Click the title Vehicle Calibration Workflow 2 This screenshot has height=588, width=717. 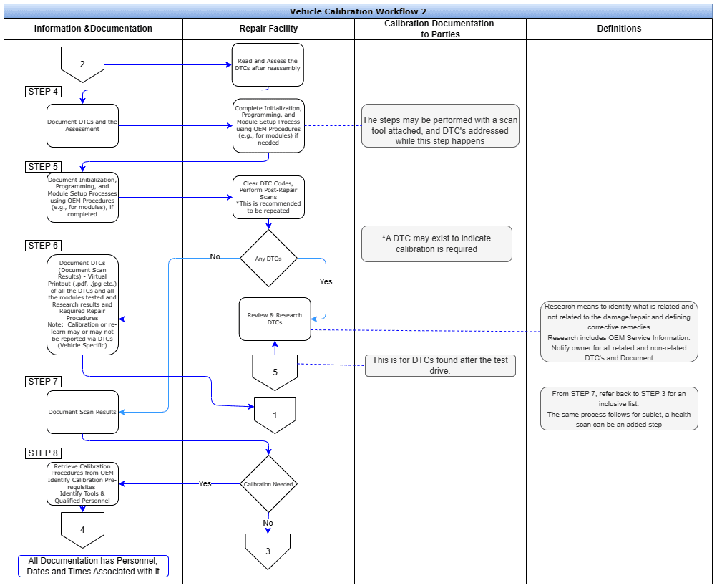point(358,11)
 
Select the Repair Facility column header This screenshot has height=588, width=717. point(268,29)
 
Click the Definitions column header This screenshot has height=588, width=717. point(619,29)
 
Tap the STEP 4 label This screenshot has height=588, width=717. point(44,92)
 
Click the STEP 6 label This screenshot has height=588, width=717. point(44,246)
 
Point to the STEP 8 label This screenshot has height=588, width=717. point(44,453)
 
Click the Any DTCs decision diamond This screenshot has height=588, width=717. point(268,259)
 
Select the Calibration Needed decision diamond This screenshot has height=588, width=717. point(268,484)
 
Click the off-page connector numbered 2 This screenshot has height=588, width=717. point(82,64)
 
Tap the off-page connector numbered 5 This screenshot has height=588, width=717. point(275,371)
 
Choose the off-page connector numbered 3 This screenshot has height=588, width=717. point(268,550)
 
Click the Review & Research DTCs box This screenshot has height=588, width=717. point(275,319)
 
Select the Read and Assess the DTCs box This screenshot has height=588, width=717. point(268,65)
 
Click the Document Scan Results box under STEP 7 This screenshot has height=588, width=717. point(82,412)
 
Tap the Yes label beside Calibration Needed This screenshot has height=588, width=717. point(205,484)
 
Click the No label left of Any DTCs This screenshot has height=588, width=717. point(215,256)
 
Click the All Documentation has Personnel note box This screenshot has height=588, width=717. point(93,566)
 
